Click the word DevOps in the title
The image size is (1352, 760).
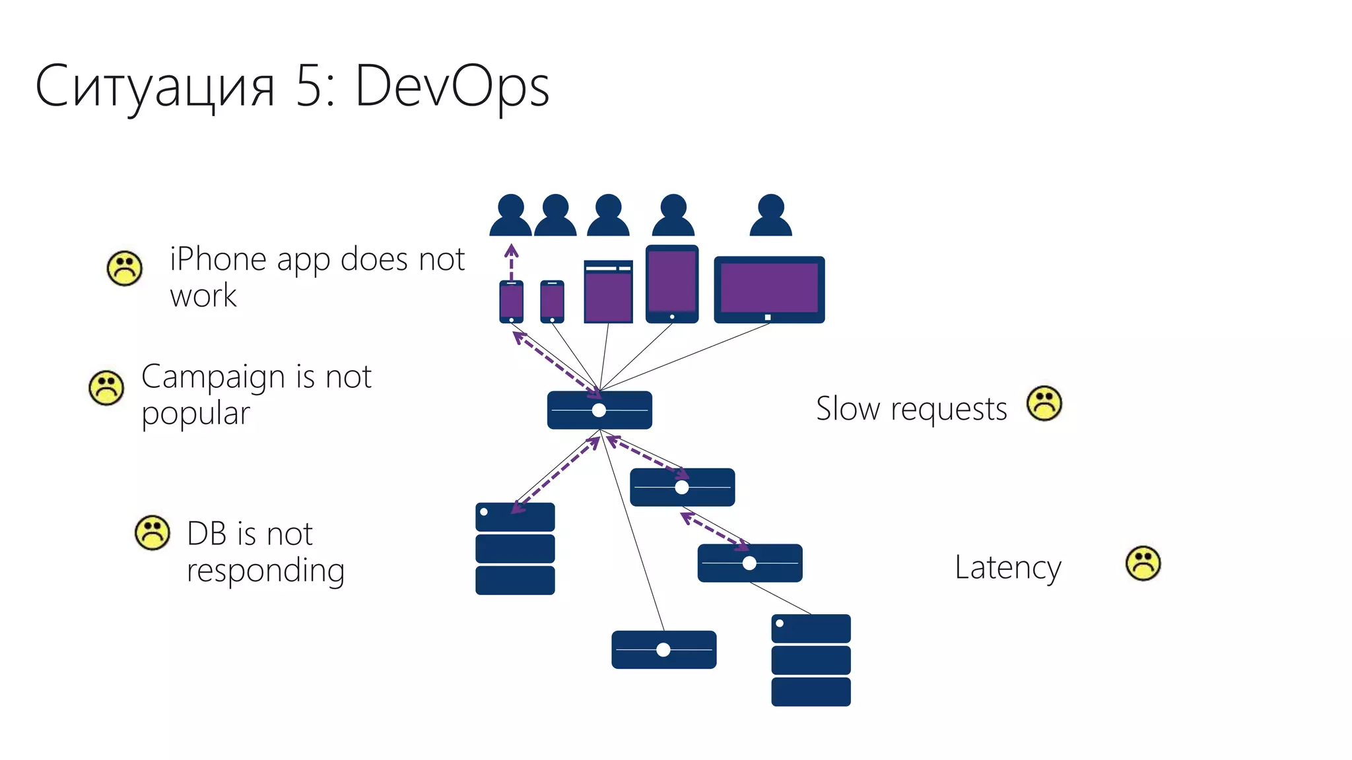[452, 87]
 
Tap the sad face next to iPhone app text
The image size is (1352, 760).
[124, 269]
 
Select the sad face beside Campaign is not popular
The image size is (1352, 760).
[106, 388]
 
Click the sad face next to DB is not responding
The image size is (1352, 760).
[152, 532]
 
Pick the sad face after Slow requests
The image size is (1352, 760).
[1044, 403]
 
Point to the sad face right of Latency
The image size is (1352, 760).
[1143, 563]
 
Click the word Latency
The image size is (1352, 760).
[1007, 567]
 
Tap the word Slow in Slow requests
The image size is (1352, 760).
[848, 408]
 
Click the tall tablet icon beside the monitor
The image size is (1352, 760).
[672, 284]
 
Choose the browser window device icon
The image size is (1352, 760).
[608, 292]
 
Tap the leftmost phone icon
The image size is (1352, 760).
[511, 301]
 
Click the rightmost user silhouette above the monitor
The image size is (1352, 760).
[770, 216]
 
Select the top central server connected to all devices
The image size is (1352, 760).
[599, 410]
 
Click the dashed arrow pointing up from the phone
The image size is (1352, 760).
[511, 261]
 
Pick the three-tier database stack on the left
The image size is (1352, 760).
[515, 549]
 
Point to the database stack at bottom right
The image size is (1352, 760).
[811, 660]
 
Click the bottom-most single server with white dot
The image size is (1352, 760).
[663, 650]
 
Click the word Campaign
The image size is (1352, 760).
[215, 378]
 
